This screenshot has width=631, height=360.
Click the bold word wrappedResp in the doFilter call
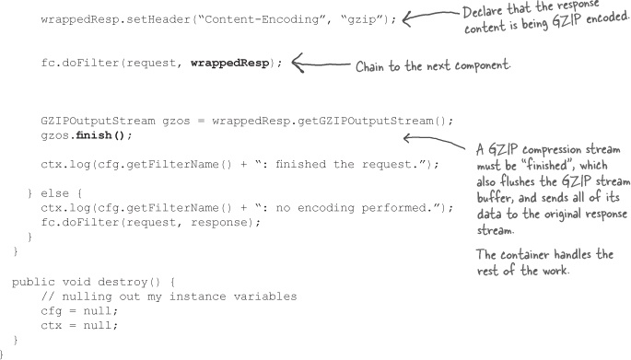pyautogui.click(x=229, y=64)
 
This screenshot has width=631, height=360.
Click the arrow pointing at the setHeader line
pyautogui.click(x=430, y=16)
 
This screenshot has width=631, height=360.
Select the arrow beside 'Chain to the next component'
pyautogui.click(x=321, y=64)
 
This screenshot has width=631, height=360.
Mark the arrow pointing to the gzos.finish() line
pyautogui.click(x=434, y=141)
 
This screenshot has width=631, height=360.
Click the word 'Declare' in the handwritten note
pyautogui.click(x=482, y=11)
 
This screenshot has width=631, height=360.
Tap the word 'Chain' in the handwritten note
pyautogui.click(x=370, y=66)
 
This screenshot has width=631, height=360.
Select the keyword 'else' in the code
pyautogui.click(x=54, y=193)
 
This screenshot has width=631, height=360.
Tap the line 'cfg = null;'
pyautogui.click(x=79, y=311)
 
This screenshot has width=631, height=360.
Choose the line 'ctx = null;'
pyautogui.click(x=79, y=325)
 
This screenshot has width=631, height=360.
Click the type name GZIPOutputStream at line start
pyautogui.click(x=98, y=121)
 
